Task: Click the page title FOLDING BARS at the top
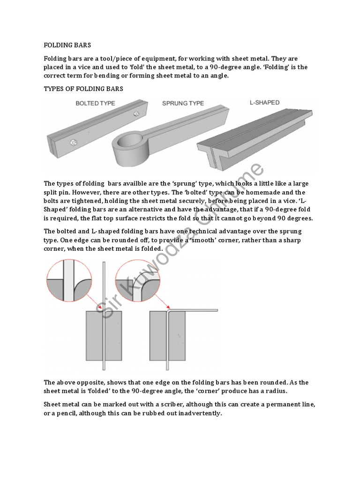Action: [x=67, y=45]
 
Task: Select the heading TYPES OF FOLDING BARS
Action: [x=83, y=89]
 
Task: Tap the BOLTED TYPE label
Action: [x=96, y=103]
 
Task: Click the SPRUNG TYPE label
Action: [x=183, y=103]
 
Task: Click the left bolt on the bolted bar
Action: [x=73, y=142]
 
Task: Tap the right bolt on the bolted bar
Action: [x=136, y=113]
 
